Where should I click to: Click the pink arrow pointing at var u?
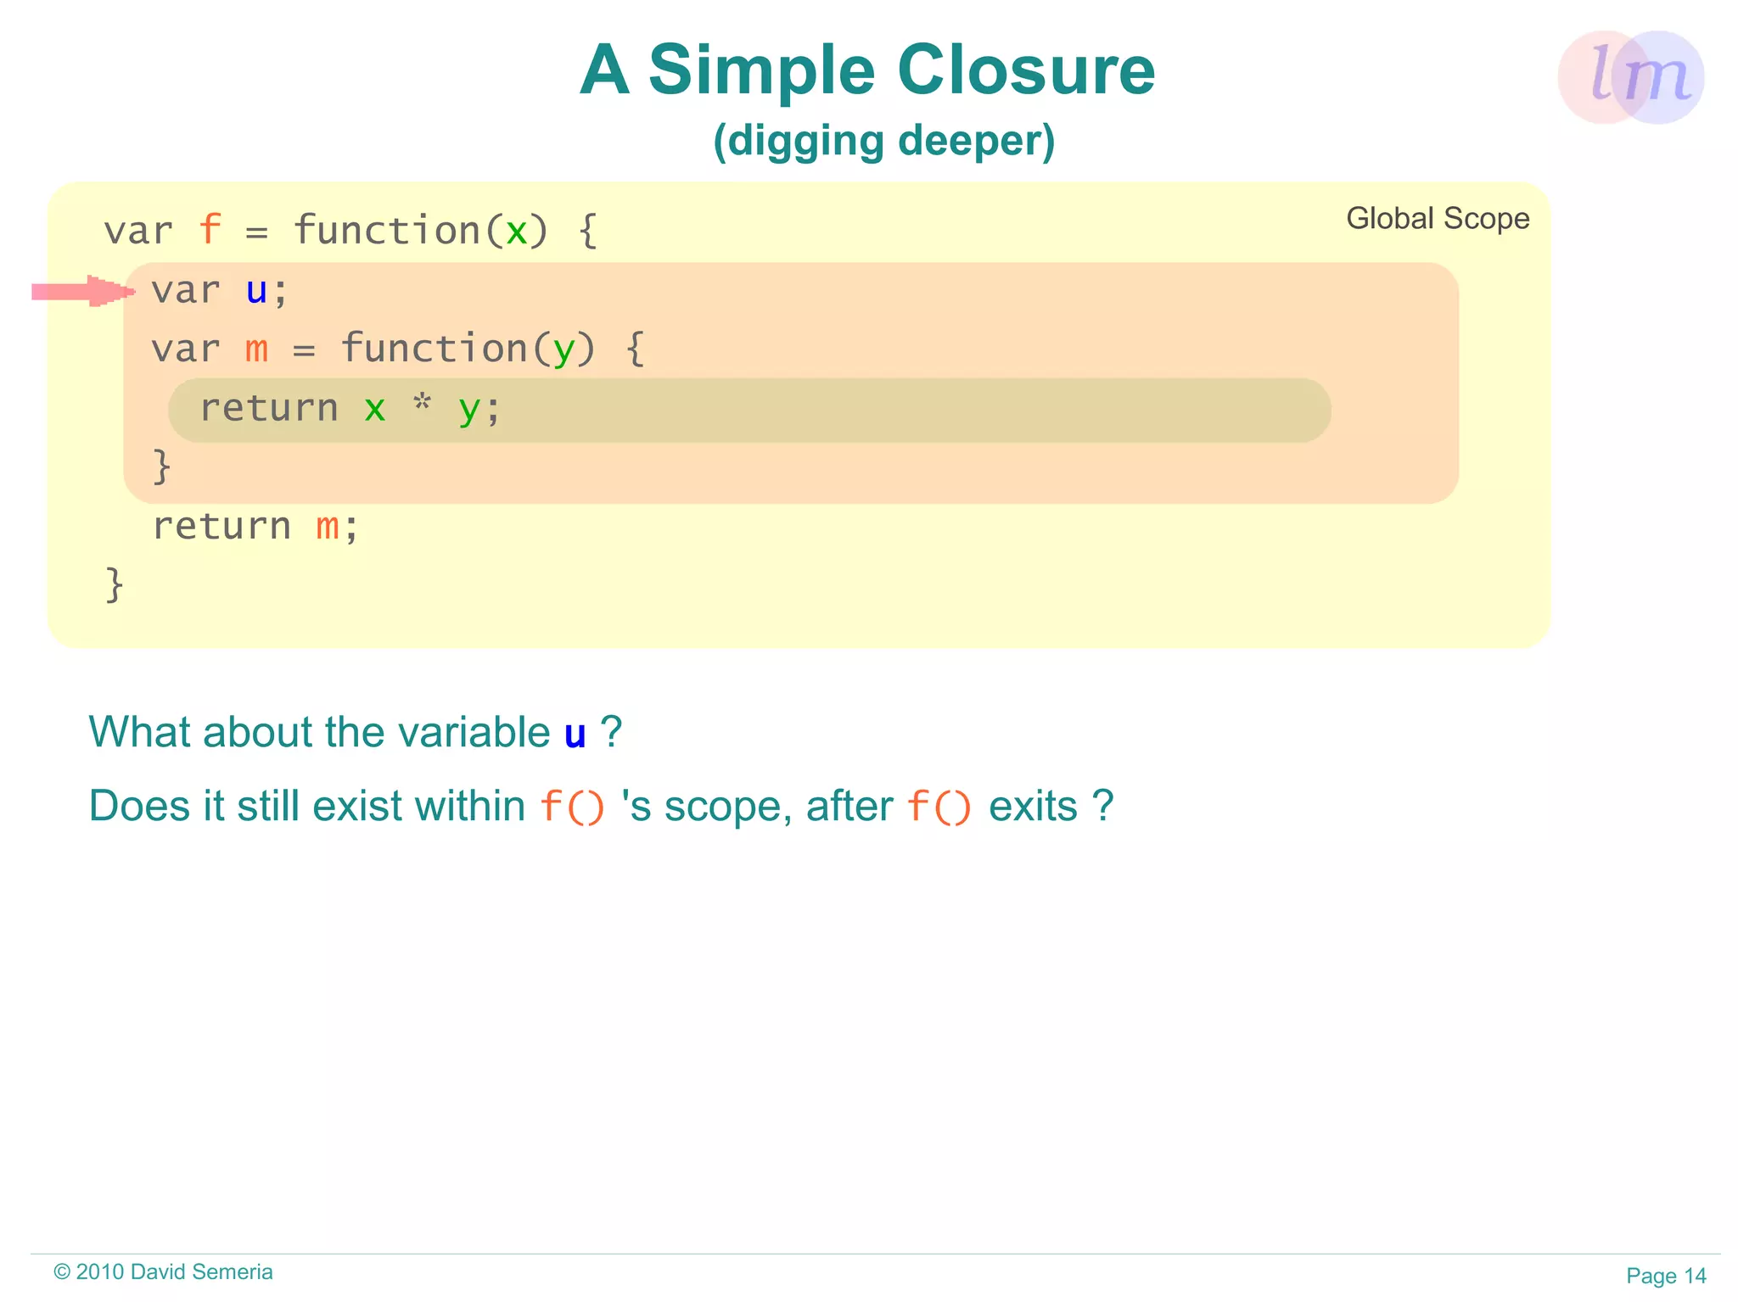coord(83,292)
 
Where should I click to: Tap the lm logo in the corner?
coord(1630,77)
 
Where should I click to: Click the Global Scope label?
coord(1438,219)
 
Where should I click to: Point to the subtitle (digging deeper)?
coord(883,140)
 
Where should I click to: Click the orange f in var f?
coord(210,231)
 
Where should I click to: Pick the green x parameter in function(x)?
coord(516,232)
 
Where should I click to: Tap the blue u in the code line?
coord(256,291)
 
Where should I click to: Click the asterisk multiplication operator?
coord(422,405)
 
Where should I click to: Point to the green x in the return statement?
coord(374,410)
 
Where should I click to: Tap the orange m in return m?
coord(328,528)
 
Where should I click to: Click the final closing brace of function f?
coord(115,585)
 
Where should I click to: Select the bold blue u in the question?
coord(575,734)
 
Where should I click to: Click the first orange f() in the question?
coord(572,806)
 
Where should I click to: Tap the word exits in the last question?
coord(1033,806)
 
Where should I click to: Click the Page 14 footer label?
coord(1665,1275)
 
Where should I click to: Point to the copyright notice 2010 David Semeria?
coord(163,1271)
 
